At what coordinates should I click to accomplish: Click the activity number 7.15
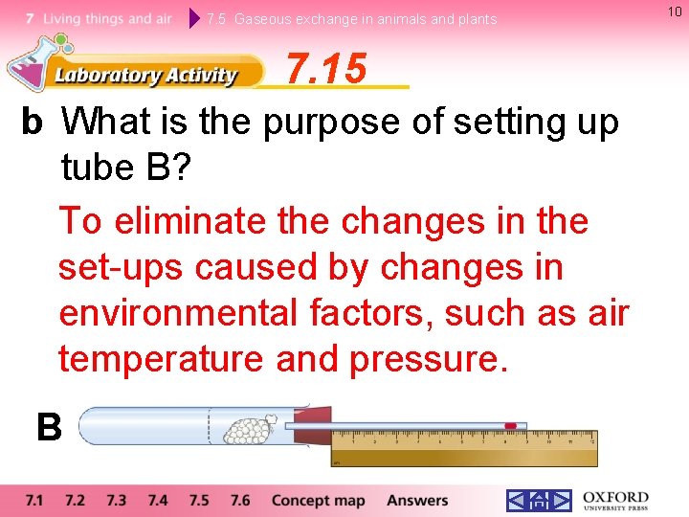326,69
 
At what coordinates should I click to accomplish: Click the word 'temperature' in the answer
162,359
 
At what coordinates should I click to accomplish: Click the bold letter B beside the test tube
49,427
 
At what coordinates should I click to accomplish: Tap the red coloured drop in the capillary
510,425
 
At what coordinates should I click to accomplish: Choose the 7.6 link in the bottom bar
239,500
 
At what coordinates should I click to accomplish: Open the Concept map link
318,500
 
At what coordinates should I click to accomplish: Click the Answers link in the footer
416,500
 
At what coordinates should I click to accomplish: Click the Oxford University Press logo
614,500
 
